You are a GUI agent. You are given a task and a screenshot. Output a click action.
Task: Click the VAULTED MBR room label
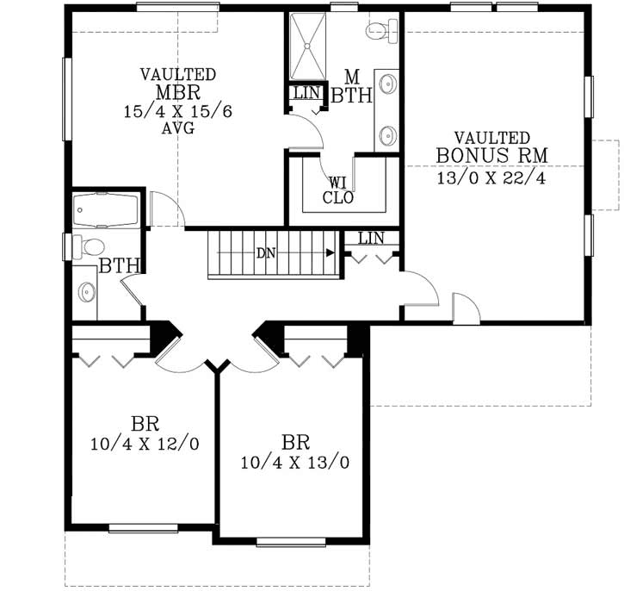[x=178, y=84]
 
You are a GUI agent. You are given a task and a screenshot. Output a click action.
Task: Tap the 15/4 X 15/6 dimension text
[x=178, y=111]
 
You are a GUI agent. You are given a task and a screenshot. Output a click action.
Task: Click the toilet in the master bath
[x=380, y=32]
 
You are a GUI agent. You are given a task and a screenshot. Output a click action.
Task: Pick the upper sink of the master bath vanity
[x=389, y=85]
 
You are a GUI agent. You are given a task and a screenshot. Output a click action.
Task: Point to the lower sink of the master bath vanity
[x=389, y=135]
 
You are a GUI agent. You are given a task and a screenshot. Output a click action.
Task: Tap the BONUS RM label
[x=491, y=156]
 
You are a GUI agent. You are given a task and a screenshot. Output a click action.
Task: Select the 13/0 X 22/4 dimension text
[x=491, y=178]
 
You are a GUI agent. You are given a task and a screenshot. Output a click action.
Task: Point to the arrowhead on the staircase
[x=330, y=253]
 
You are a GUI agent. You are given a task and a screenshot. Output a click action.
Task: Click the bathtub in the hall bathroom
[x=101, y=209]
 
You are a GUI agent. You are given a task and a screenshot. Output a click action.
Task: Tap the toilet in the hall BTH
[x=89, y=246]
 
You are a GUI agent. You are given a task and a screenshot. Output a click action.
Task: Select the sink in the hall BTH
[x=86, y=293]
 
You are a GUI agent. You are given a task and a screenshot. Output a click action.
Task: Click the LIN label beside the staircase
[x=371, y=238]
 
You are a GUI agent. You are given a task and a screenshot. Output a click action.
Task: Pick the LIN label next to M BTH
[x=306, y=92]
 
